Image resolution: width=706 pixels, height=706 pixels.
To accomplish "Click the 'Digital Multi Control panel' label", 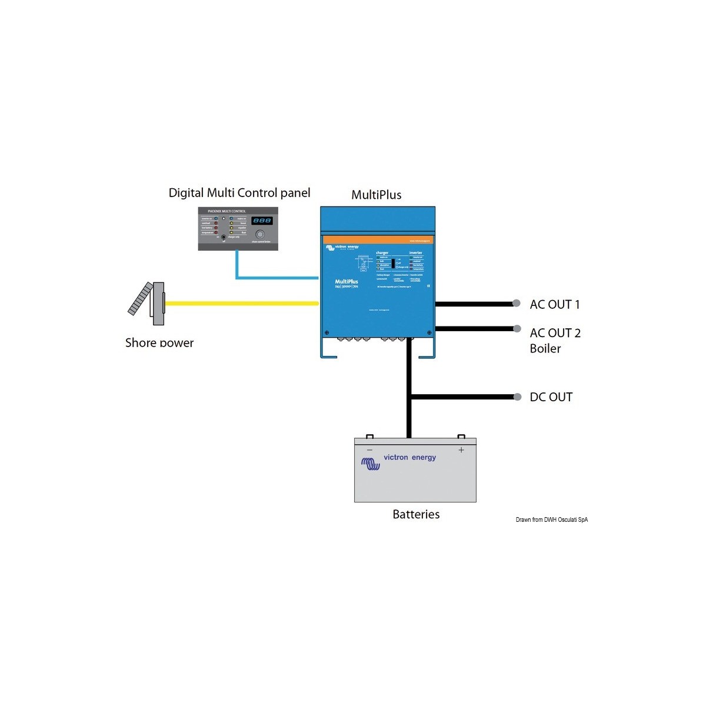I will pyautogui.click(x=239, y=193).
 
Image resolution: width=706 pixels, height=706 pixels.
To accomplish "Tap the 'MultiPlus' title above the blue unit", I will pyautogui.click(x=376, y=195).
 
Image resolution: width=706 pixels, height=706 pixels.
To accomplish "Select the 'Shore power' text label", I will pyautogui.click(x=159, y=342).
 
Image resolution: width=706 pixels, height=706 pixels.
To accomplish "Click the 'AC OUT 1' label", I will pyautogui.click(x=554, y=304).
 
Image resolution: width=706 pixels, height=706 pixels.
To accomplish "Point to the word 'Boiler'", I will pyautogui.click(x=545, y=348).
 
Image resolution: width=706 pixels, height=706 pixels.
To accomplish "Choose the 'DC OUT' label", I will pyautogui.click(x=551, y=397).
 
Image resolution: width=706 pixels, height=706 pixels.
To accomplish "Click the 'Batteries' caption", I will pyautogui.click(x=416, y=514).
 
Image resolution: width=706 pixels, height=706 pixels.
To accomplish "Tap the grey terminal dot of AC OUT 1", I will pyautogui.click(x=517, y=304).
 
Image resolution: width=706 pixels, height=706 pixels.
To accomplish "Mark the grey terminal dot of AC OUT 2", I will pyautogui.click(x=517, y=329).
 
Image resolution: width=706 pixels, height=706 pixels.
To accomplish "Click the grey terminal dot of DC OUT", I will pyautogui.click(x=518, y=397).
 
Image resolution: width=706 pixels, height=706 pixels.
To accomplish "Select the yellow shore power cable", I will pyautogui.click(x=241, y=304).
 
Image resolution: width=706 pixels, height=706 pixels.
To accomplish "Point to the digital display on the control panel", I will pyautogui.click(x=262, y=221).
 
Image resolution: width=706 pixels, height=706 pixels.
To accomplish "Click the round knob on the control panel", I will pyautogui.click(x=259, y=234).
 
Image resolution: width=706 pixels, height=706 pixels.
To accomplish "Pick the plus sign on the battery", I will pyautogui.click(x=461, y=450).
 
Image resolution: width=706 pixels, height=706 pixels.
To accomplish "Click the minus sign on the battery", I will pyautogui.click(x=369, y=450).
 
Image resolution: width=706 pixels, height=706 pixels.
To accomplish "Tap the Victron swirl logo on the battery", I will pyautogui.click(x=371, y=464).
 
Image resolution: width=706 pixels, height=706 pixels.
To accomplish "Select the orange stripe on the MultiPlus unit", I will pyautogui.click(x=378, y=240).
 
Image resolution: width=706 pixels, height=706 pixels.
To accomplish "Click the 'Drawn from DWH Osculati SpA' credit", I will pyautogui.click(x=551, y=519).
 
